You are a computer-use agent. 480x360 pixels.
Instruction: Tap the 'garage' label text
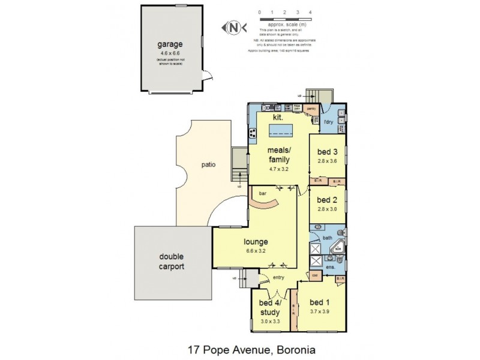(169, 44)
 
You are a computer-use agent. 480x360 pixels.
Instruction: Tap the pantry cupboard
(311, 110)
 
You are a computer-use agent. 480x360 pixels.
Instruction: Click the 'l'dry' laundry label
(328, 123)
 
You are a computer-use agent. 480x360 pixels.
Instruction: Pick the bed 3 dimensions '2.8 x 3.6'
(328, 160)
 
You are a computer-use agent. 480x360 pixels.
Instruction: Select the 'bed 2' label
(328, 200)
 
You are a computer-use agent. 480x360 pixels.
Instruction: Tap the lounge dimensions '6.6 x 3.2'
(256, 251)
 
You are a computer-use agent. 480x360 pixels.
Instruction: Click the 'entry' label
(278, 277)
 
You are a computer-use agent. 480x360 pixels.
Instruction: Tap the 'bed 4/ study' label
(268, 308)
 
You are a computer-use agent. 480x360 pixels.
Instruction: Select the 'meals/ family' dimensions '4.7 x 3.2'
(279, 169)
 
